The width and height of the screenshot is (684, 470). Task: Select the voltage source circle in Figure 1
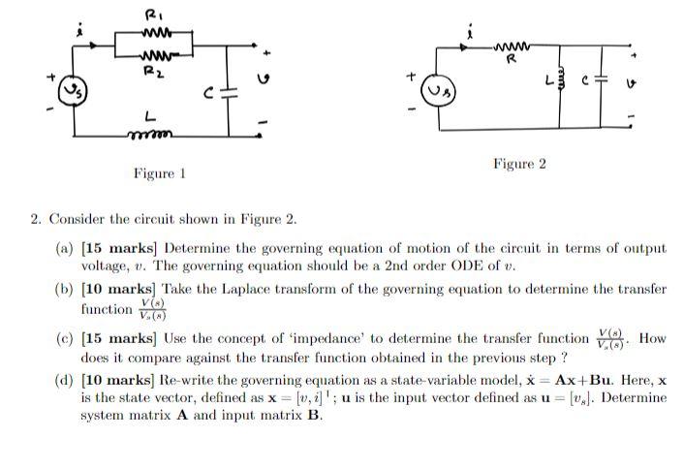coord(72,93)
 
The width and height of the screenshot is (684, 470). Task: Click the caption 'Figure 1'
coord(159,173)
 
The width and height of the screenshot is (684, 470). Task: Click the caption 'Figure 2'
coord(519,164)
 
